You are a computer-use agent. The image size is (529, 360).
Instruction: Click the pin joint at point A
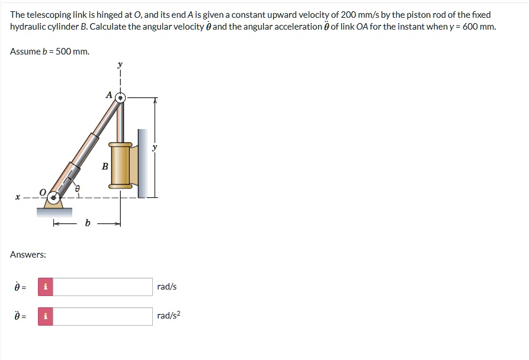(x=120, y=97)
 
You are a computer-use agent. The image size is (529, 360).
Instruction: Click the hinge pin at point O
(x=55, y=197)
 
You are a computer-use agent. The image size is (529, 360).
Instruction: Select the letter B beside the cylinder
(x=105, y=166)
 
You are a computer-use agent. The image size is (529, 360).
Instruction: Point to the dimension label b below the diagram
(x=88, y=223)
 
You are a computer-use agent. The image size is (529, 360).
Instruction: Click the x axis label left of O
(x=18, y=197)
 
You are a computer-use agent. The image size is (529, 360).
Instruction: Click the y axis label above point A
(x=120, y=65)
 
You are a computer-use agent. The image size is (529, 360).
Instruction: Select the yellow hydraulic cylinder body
(x=120, y=165)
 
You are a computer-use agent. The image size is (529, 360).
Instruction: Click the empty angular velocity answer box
(x=104, y=287)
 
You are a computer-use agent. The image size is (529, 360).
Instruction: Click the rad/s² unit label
(x=168, y=316)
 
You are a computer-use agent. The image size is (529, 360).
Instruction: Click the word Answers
(x=28, y=255)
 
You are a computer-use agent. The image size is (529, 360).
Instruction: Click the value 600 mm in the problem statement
(x=477, y=27)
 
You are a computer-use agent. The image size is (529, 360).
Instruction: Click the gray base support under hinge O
(x=54, y=211)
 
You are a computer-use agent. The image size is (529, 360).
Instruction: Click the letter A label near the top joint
(x=108, y=94)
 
